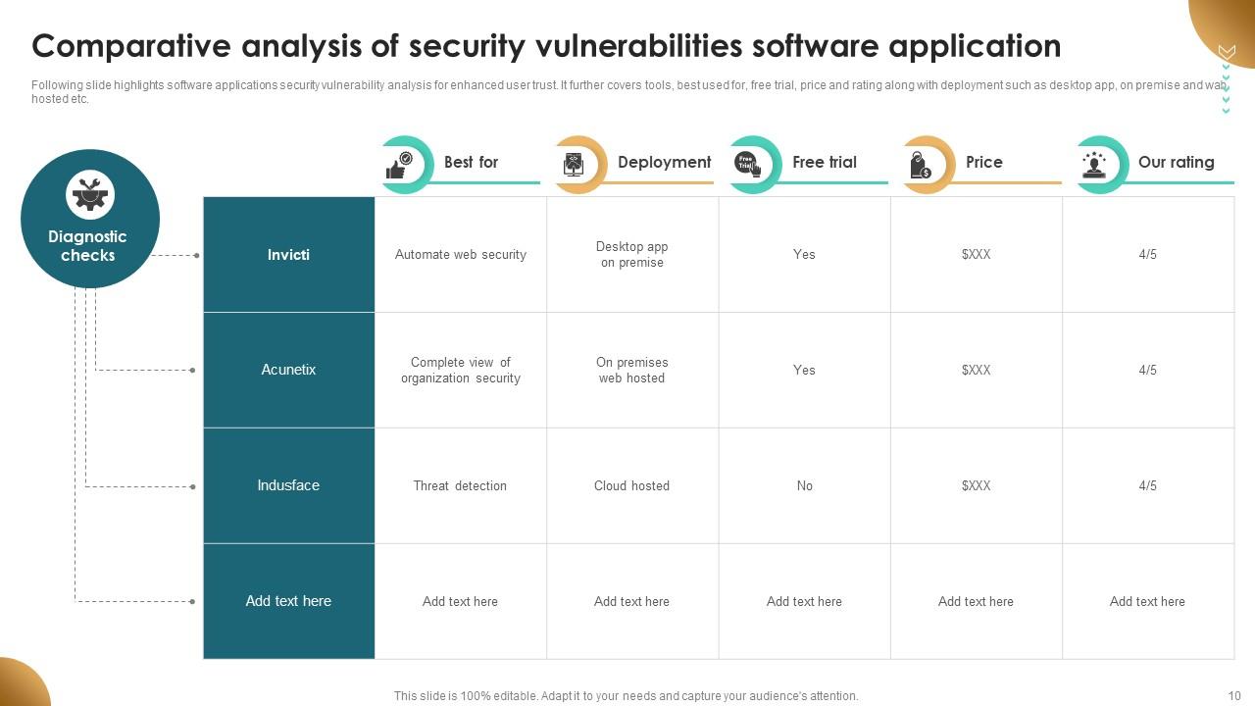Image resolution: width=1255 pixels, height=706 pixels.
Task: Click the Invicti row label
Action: pyautogui.click(x=288, y=255)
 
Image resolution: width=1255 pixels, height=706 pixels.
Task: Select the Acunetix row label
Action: pyautogui.click(x=288, y=370)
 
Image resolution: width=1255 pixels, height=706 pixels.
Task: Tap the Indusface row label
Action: pyautogui.click(x=288, y=485)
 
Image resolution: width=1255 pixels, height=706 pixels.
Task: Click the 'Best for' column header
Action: pyautogui.click(x=471, y=162)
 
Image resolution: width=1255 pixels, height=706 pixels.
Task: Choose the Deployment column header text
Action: pyautogui.click(x=664, y=162)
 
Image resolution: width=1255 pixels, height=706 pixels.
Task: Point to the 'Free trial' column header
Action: pyautogui.click(x=824, y=162)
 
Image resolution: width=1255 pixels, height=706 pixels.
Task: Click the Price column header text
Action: pyautogui.click(x=983, y=162)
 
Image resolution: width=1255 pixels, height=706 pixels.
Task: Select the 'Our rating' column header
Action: pyautogui.click(x=1176, y=162)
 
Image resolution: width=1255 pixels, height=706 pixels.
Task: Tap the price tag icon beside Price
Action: pyautogui.click(x=921, y=165)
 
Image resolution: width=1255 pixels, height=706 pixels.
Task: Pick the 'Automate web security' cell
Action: pyautogui.click(x=461, y=255)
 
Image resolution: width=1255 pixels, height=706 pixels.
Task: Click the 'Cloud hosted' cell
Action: pyautogui.click(x=631, y=485)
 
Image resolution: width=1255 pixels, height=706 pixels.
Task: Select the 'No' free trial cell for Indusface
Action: pyautogui.click(x=804, y=485)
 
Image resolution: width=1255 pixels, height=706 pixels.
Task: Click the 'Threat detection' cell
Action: pyautogui.click(x=460, y=485)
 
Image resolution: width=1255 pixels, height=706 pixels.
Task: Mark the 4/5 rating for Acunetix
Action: pyautogui.click(x=1147, y=370)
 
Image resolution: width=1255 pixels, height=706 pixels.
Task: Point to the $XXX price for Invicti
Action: pyautogui.click(x=976, y=255)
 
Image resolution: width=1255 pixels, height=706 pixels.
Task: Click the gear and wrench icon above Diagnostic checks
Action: pyautogui.click(x=90, y=194)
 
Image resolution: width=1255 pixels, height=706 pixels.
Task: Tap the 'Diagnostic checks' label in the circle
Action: pyautogui.click(x=88, y=246)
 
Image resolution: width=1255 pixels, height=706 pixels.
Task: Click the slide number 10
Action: pyautogui.click(x=1233, y=696)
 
